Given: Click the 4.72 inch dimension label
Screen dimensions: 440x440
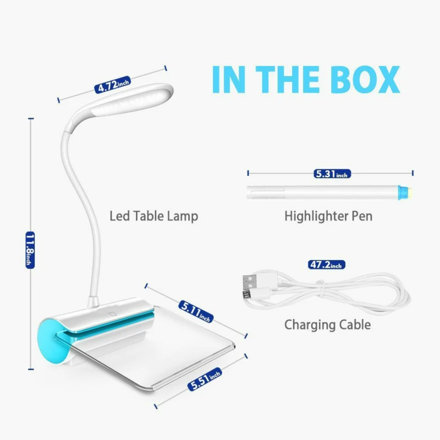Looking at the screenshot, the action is coord(113,85).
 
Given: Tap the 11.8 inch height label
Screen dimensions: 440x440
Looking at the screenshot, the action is coord(30,250).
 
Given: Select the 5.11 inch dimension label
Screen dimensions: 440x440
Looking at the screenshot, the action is coord(196,311).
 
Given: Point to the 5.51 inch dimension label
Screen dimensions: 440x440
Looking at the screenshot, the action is coord(205,379).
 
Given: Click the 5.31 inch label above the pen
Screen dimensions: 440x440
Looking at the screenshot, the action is coord(332,174).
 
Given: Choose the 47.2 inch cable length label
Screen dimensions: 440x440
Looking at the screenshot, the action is coord(326,265).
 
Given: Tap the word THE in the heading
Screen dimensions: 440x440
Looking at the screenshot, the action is coord(287,79).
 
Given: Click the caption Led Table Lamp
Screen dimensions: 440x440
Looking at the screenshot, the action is coord(154,216).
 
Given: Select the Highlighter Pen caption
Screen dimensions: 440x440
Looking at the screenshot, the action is coord(328,216).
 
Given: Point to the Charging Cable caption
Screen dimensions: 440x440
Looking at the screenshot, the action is coord(327,324).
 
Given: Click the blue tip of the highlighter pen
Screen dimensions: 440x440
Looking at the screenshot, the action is coord(405,193).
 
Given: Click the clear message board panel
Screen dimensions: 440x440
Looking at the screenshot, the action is coord(157,351).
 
